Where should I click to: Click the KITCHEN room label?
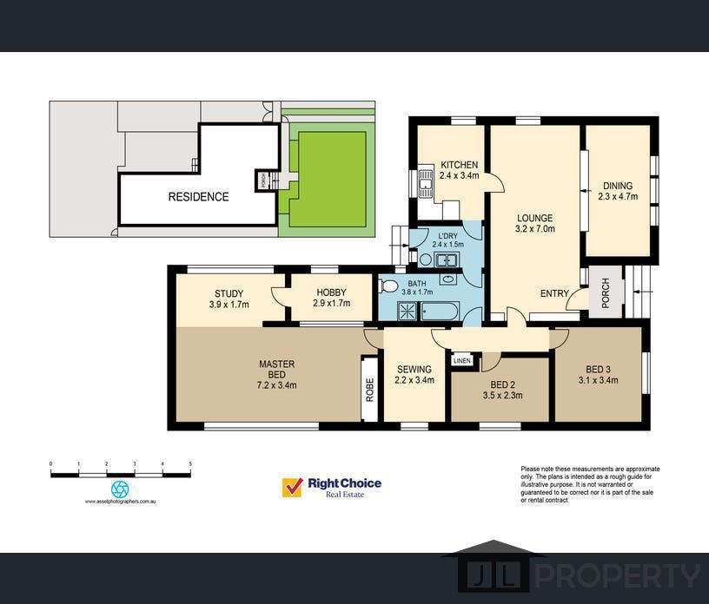pos(459,165)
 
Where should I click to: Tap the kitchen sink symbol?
pos(426,184)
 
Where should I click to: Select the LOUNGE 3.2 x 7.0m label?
pos(535,223)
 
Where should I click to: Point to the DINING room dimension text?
pos(618,196)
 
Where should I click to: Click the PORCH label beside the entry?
pos(606,292)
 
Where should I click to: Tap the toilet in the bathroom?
pos(388,286)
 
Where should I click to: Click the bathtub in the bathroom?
pos(440,312)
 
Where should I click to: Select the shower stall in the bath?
pos(407,312)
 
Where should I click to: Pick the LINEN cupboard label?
pos(462,360)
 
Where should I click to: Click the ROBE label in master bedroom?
pos(370,390)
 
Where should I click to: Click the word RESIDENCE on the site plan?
pos(198,197)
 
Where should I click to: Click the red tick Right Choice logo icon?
pos(292,488)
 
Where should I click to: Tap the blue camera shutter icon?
pos(120,489)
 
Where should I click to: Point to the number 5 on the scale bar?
pos(190,464)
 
